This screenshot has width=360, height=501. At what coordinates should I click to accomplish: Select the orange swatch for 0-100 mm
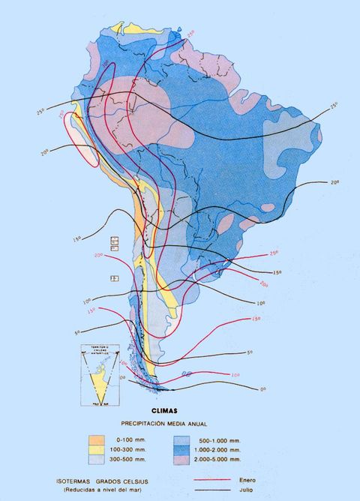pos(96,439)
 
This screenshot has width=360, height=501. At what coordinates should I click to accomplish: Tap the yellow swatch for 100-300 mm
pos(96,449)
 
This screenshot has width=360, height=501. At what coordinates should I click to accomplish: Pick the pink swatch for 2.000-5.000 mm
pos(181,459)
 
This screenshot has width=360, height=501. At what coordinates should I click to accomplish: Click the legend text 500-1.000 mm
pos(217,439)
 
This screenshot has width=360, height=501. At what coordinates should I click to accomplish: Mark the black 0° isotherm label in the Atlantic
pos(263,389)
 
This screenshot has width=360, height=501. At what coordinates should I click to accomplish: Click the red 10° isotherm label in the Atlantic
pos(235,375)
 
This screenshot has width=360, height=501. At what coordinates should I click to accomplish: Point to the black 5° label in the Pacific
pos(76,332)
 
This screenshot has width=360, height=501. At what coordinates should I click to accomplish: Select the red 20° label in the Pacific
pos(98,255)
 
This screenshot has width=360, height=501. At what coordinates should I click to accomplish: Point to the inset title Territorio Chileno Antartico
pos(100,349)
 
